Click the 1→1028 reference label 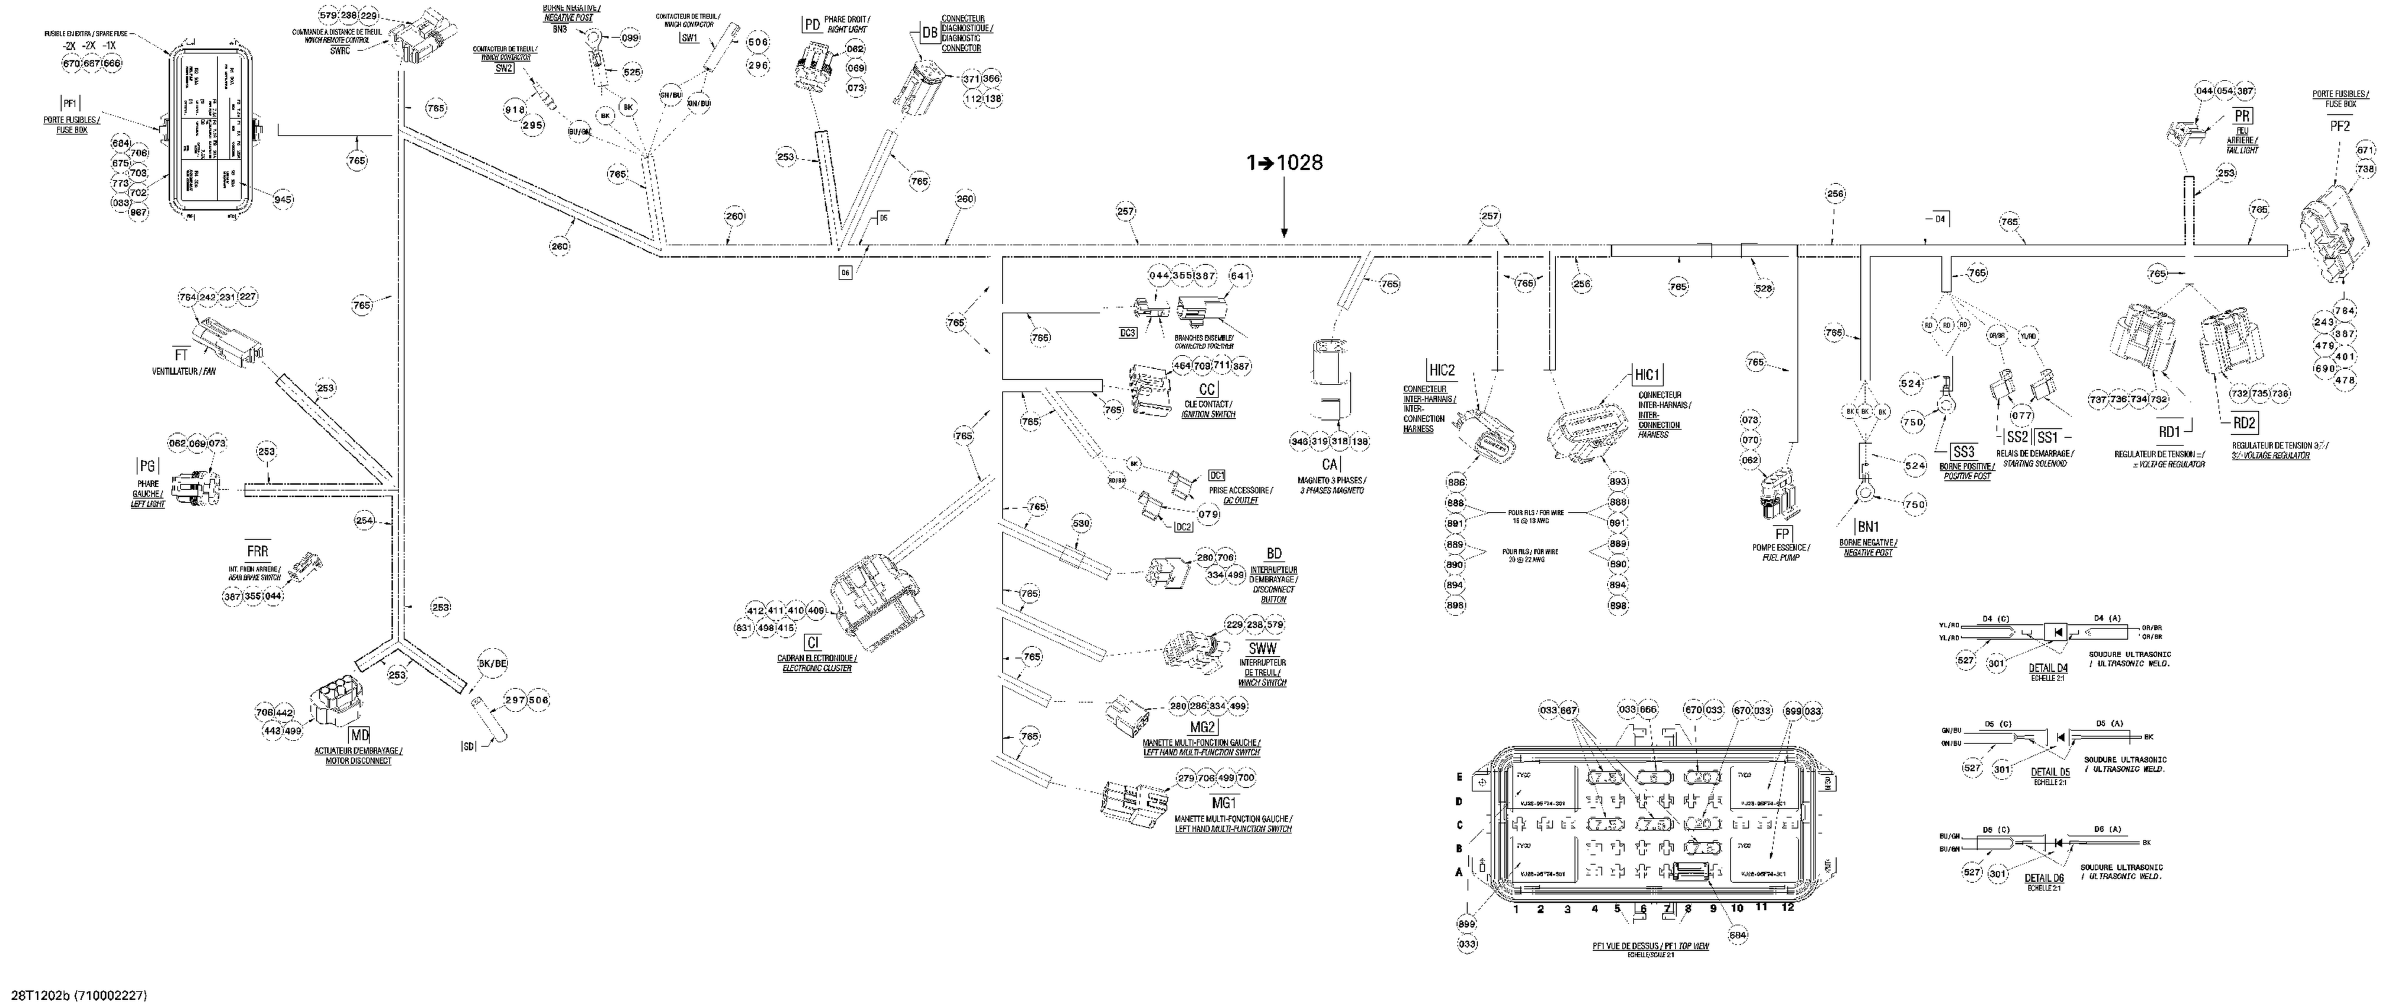tap(1285, 163)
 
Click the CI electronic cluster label tap(812, 642)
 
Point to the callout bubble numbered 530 tap(1081, 523)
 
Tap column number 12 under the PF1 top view tap(1788, 908)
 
